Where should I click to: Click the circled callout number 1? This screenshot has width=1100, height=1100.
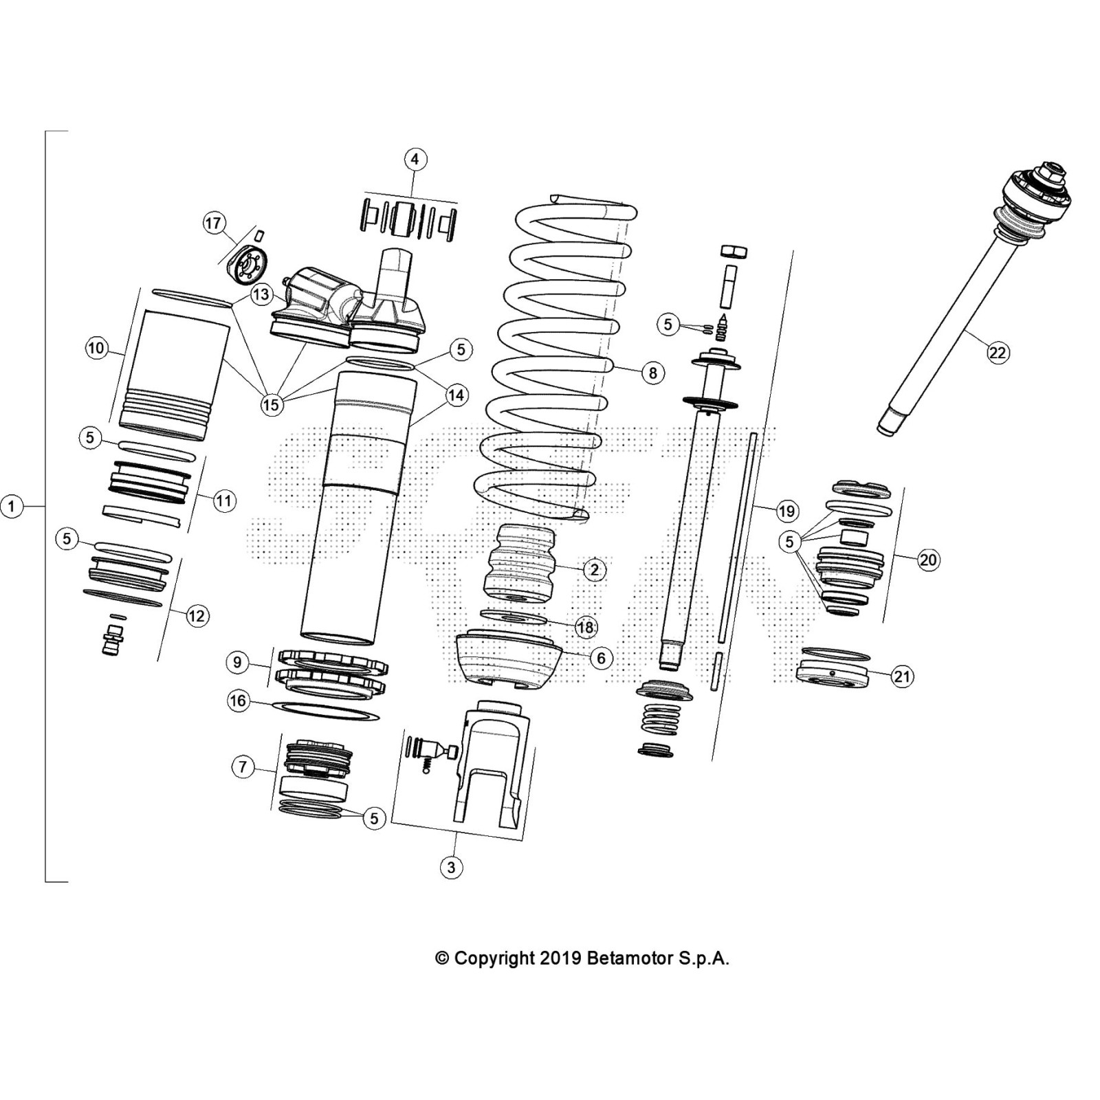point(12,507)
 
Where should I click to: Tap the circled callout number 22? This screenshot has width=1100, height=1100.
point(997,353)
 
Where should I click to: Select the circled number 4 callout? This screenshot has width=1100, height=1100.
point(415,159)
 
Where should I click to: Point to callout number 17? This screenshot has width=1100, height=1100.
point(213,223)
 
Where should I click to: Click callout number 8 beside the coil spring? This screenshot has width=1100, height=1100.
point(652,373)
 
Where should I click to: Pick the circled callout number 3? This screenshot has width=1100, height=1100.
point(451,867)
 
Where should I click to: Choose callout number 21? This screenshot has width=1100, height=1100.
point(901,676)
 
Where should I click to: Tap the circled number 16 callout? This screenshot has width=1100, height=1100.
point(238,701)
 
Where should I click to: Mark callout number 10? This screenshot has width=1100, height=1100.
point(96,348)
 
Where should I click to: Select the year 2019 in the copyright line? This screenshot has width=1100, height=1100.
point(561,958)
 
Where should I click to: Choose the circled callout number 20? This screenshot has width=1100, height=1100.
point(928,560)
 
